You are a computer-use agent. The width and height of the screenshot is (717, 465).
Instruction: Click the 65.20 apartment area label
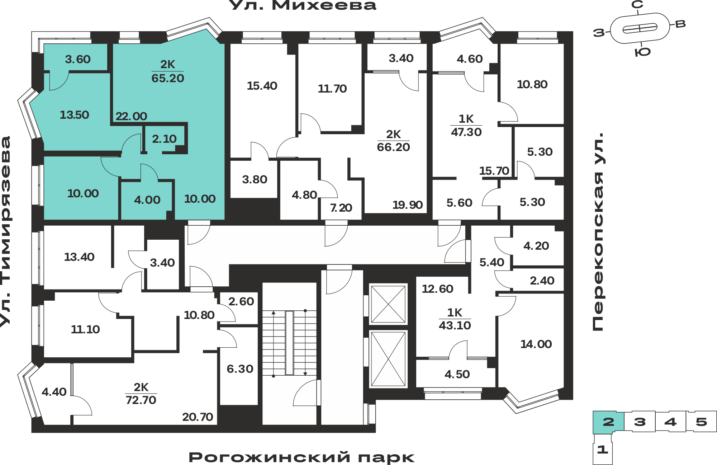point(168,78)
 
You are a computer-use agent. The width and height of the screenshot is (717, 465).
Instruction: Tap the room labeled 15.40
point(262,86)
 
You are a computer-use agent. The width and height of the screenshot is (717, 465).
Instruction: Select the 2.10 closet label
point(164,139)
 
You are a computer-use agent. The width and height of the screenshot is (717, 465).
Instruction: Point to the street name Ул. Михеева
point(302,5)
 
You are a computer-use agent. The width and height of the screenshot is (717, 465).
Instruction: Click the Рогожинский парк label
point(301,457)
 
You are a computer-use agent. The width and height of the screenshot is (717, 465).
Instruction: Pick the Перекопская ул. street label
point(598,232)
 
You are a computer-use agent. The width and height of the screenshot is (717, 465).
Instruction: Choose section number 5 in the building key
point(701,422)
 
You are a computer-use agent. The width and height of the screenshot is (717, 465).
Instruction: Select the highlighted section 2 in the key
point(608,422)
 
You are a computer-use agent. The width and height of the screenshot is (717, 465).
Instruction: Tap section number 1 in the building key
point(603,449)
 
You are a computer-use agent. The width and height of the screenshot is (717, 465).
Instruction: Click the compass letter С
point(637,5)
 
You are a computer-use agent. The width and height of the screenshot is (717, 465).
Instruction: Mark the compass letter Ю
point(642,52)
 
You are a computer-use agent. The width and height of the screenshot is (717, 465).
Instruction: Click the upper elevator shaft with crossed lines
point(388,304)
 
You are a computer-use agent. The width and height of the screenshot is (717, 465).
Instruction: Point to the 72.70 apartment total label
point(141,400)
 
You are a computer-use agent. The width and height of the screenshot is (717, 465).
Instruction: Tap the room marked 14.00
point(536,344)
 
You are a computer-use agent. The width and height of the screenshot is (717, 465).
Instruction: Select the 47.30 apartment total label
point(466,132)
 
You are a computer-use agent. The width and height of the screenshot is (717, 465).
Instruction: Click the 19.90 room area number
point(408,205)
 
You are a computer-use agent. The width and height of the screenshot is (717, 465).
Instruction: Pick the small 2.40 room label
point(542,281)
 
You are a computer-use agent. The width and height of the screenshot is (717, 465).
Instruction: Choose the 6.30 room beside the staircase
point(240,369)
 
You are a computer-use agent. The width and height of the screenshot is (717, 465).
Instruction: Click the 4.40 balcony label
point(54,392)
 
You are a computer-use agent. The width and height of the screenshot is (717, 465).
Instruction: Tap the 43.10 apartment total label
point(455,325)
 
